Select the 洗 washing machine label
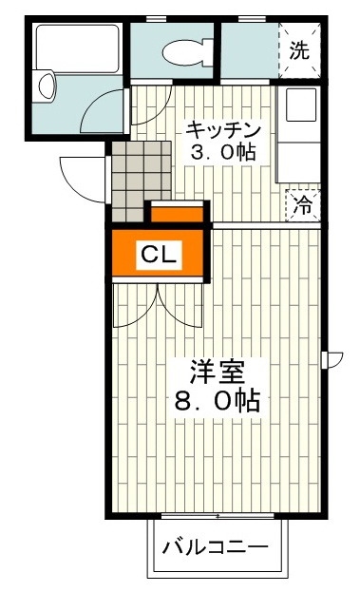pyautogui.click(x=299, y=51)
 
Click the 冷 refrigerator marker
pyautogui.click(x=303, y=203)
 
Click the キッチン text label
pyautogui.click(x=223, y=129)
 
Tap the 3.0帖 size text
pyautogui.click(x=223, y=152)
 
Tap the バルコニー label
pyautogui.click(x=215, y=548)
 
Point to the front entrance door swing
pyautogui.click(x=81, y=179)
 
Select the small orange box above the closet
pyautogui.click(x=177, y=213)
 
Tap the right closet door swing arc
pyautogui.click(x=182, y=304)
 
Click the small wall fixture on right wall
pyautogui.click(x=334, y=359)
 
